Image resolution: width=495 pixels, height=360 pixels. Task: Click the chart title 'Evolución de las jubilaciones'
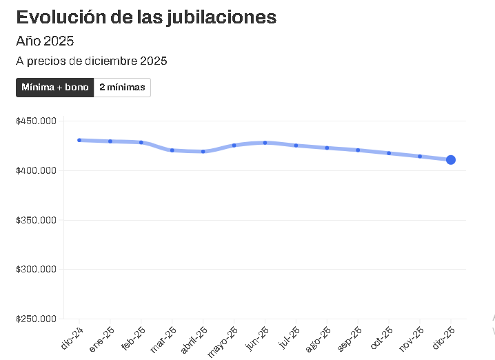coord(146,17)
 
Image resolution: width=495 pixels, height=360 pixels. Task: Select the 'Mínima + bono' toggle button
coord(55,88)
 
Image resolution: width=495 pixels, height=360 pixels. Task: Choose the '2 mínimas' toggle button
coord(122,88)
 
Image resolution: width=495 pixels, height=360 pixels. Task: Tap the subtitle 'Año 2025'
coord(45,41)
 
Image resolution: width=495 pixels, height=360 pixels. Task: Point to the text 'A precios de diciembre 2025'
coord(92,61)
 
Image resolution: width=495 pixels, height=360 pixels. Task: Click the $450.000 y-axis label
coord(35,121)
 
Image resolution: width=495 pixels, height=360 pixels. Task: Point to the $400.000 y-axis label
coord(35,170)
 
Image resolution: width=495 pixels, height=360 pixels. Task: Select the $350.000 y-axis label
coord(35,220)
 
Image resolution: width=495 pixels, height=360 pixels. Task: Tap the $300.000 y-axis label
coord(35,270)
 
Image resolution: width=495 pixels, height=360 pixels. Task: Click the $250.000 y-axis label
coord(35,319)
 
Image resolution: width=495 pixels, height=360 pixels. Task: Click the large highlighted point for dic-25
coord(451,160)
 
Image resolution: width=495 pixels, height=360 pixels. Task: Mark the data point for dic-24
coord(79,140)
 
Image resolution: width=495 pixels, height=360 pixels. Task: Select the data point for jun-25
coord(265,143)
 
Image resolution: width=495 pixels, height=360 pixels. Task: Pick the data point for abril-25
coord(203,152)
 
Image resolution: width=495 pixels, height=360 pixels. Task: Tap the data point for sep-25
coord(358,150)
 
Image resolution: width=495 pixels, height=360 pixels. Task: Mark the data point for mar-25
coord(172,150)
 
